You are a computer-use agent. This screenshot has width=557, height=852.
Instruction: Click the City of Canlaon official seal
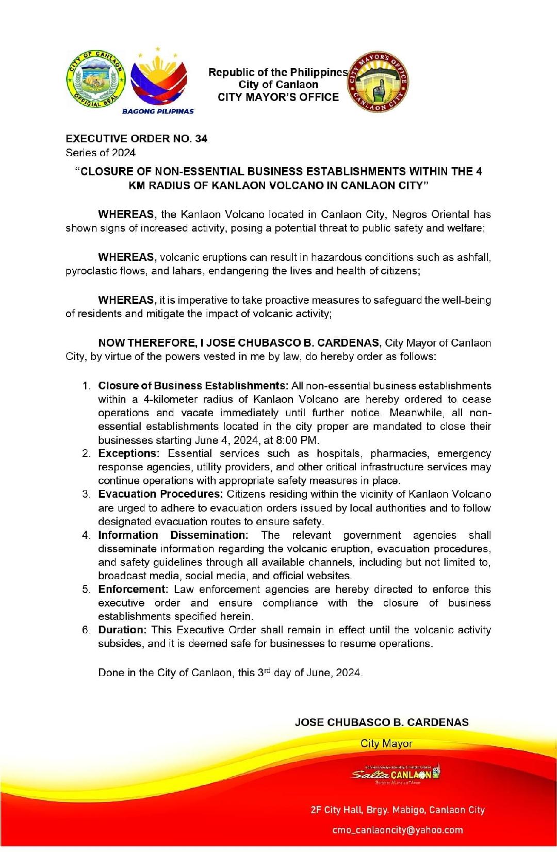(95, 79)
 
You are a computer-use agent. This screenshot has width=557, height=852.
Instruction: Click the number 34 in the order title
(201, 139)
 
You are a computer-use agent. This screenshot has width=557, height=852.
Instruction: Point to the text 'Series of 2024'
(101, 153)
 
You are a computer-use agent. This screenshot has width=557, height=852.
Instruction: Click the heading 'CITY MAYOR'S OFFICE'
(278, 97)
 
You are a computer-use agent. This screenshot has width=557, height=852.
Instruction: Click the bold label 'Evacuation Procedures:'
(160, 494)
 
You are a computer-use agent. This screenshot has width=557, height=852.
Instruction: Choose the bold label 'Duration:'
(123, 630)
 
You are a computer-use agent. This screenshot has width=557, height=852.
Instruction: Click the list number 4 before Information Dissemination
(86, 535)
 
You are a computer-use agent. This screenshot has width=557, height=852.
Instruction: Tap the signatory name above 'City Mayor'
(382, 723)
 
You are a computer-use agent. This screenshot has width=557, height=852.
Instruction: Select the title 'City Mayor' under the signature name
(386, 743)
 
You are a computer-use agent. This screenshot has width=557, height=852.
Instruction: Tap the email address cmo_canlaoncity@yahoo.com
(398, 830)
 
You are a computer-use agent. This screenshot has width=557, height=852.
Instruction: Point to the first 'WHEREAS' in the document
(126, 215)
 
